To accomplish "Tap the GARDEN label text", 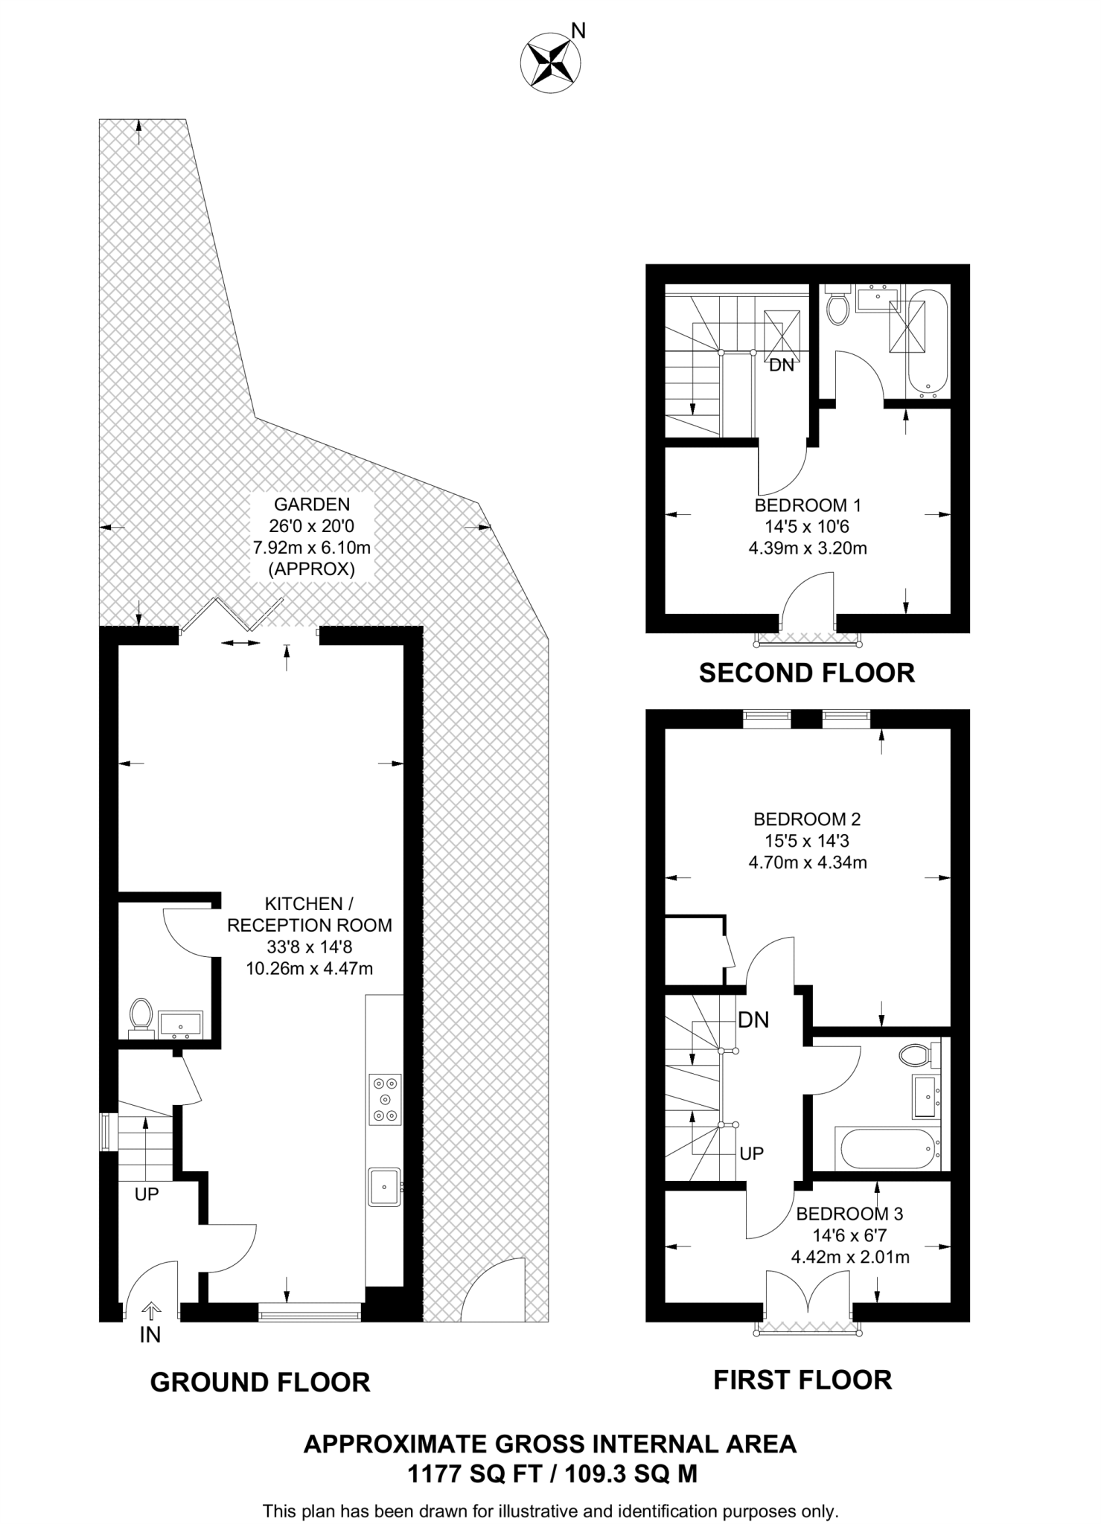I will pyautogui.click(x=312, y=505).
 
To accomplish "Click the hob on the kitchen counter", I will pyautogui.click(x=385, y=1099).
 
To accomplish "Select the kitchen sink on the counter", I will pyautogui.click(x=384, y=1186).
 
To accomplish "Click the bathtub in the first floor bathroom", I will pyautogui.click(x=887, y=1150).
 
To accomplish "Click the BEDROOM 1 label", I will pyautogui.click(x=808, y=505).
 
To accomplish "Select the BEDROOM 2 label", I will pyautogui.click(x=807, y=819).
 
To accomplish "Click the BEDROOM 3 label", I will pyautogui.click(x=849, y=1214).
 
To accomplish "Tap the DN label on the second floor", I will pyautogui.click(x=782, y=365).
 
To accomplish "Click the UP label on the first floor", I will pyautogui.click(x=752, y=1153).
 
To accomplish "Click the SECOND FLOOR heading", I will pyautogui.click(x=806, y=673).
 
